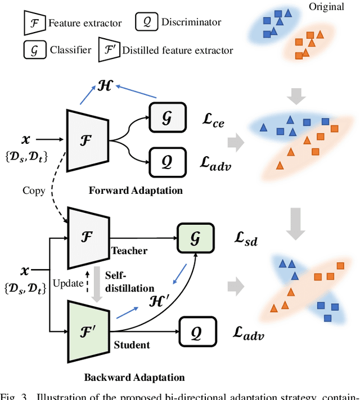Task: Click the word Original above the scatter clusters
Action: click(327, 7)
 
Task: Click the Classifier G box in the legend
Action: click(34, 49)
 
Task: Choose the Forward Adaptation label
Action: click(136, 190)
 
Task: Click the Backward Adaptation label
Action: click(134, 376)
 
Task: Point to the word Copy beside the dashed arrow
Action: click(34, 190)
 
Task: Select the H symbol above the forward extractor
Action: click(105, 86)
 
